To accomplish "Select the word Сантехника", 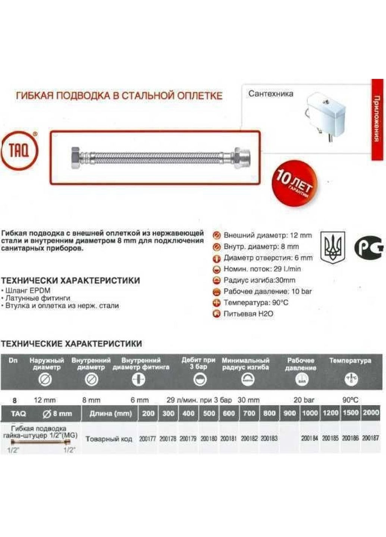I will point(271,94).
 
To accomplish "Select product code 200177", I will point(147,439).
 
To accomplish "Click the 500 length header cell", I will point(209,413).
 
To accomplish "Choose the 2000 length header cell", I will point(370,413).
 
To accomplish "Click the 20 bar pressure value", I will point(304,400).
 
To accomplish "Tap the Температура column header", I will point(350,361).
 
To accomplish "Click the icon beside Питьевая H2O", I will point(216,314).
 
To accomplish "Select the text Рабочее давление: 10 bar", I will point(267,291).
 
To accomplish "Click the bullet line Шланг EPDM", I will point(26,291).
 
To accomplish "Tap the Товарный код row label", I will point(109,439).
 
